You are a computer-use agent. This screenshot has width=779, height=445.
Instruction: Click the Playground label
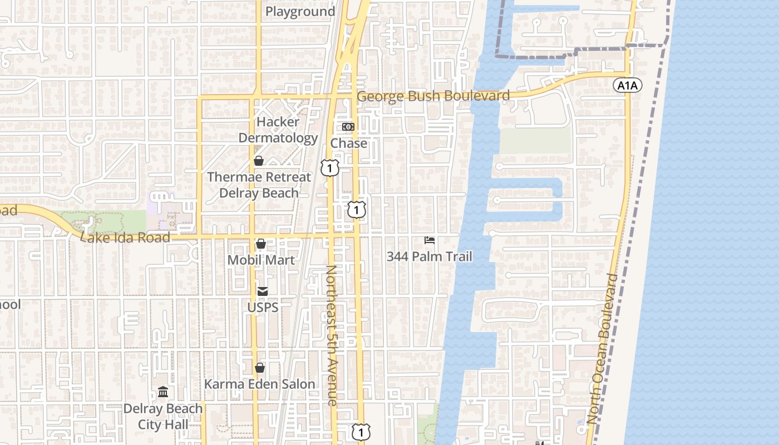300,12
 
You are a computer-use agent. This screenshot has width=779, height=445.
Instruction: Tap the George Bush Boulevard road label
433,96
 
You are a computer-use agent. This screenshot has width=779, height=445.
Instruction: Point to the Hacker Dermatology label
278,130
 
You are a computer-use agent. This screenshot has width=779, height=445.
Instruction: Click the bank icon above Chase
348,127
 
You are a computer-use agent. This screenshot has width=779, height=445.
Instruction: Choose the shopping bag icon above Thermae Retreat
259,161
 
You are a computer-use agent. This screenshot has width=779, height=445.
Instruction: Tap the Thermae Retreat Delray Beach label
259,185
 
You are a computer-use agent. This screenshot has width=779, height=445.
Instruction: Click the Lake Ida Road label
126,238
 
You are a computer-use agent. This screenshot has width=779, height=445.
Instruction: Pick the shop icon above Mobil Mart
260,244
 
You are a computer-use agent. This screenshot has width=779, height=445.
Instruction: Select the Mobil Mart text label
261,260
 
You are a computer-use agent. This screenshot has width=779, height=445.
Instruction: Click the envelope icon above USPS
262,291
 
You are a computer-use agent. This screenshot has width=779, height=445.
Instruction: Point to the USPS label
263,307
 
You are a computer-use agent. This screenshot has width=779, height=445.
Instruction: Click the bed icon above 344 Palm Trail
430,240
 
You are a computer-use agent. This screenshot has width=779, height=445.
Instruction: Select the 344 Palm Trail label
430,256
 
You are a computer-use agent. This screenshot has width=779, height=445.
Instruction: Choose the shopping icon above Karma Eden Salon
259,368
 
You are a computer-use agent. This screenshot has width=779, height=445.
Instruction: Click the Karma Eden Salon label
259,384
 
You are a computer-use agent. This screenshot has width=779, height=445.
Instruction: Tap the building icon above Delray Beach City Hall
163,392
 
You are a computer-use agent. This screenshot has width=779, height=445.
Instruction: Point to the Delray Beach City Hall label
163,417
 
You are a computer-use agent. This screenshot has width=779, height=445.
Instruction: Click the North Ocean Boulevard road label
602,349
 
